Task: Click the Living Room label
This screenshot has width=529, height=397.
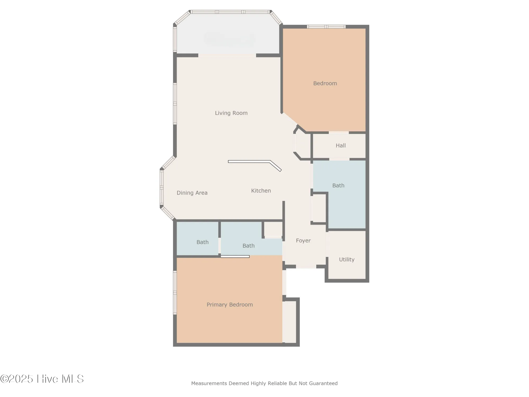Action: (231, 113)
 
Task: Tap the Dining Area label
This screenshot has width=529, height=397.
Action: (192, 193)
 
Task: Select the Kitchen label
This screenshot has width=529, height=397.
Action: (261, 191)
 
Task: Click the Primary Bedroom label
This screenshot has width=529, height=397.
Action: (230, 305)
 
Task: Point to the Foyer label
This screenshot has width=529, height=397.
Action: (303, 241)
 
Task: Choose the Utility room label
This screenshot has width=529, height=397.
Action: (346, 260)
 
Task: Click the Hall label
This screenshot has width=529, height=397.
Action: (341, 146)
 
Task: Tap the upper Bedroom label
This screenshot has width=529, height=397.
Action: (325, 83)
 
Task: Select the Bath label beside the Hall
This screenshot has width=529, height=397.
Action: (338, 186)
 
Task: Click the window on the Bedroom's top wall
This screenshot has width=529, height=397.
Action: (326, 27)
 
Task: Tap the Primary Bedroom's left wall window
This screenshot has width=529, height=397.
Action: (175, 292)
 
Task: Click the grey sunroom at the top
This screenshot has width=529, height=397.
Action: (228, 34)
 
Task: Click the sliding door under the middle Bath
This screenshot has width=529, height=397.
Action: (235, 256)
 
